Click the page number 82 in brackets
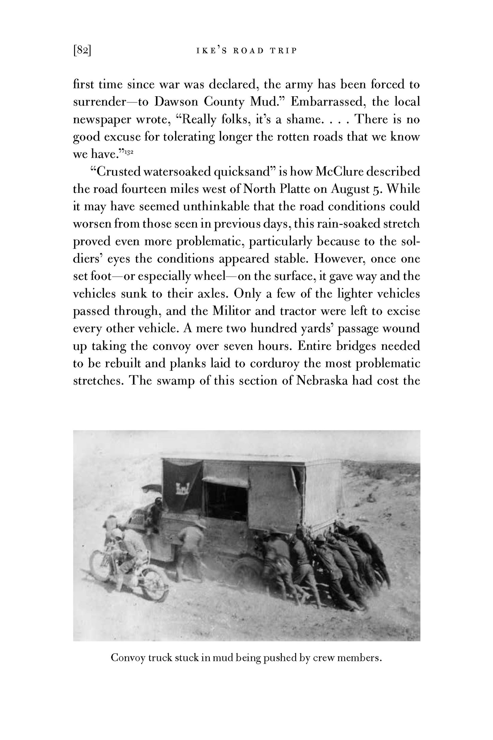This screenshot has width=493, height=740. click(x=82, y=51)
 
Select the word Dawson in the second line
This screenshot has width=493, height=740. click(x=177, y=102)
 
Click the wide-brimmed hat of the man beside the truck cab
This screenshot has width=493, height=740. click(x=195, y=523)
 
